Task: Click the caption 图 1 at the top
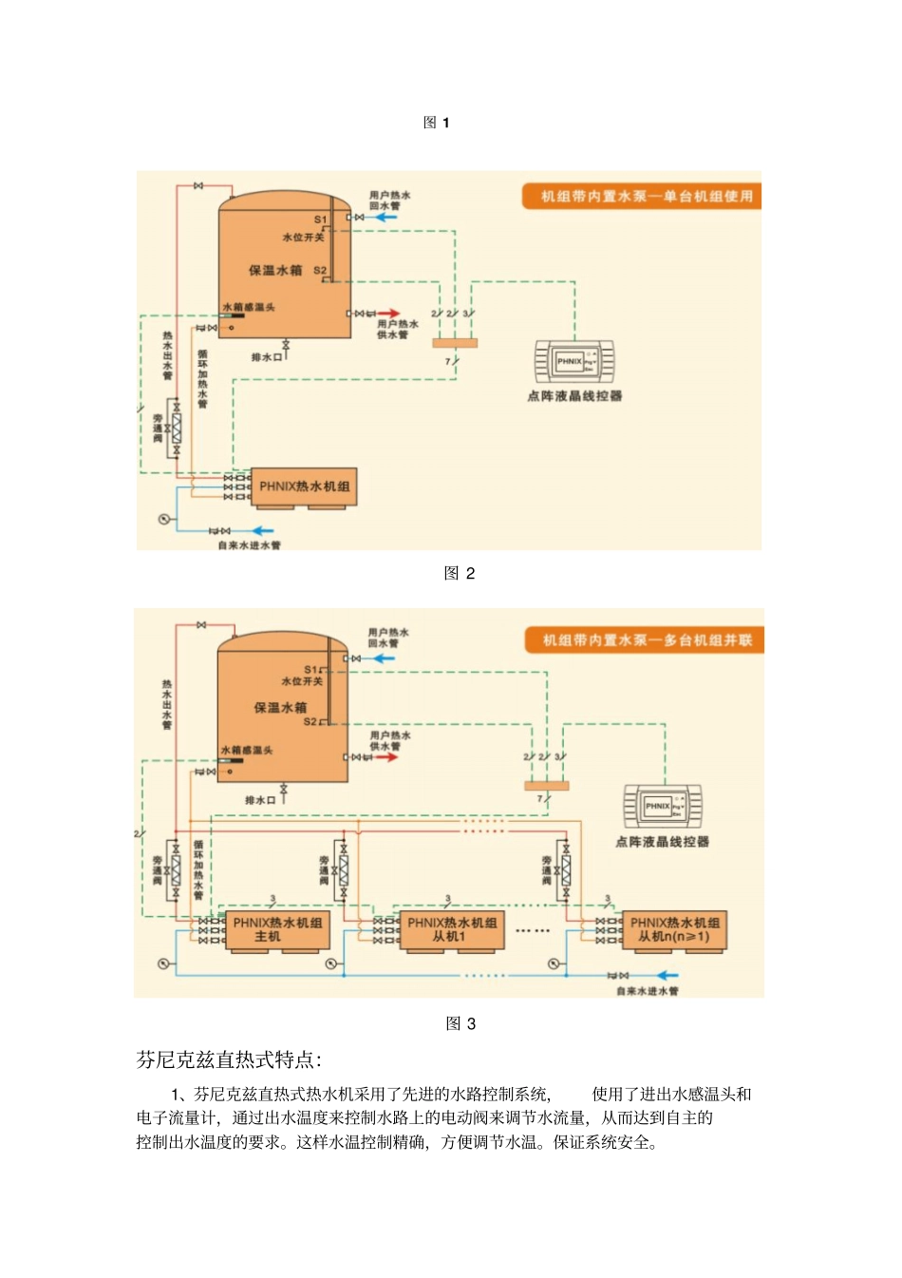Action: pyautogui.click(x=436, y=123)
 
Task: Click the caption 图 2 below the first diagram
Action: pyautogui.click(x=460, y=573)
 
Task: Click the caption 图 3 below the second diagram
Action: pyautogui.click(x=460, y=1023)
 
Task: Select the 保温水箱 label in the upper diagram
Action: pyautogui.click(x=275, y=270)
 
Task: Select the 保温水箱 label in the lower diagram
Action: pyautogui.click(x=280, y=708)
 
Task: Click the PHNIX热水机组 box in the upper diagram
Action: pyautogui.click(x=304, y=486)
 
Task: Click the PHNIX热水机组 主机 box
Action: pyautogui.click(x=277, y=929)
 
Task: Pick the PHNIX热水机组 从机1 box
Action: pyautogui.click(x=451, y=929)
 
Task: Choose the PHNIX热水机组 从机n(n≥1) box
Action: pyautogui.click(x=674, y=929)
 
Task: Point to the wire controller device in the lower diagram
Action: pyautogui.click(x=663, y=807)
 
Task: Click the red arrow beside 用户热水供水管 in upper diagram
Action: pyautogui.click(x=390, y=313)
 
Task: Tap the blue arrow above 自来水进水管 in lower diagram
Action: pyautogui.click(x=667, y=975)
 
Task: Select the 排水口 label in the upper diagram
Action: pyautogui.click(x=266, y=357)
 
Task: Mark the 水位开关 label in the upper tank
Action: pyautogui.click(x=303, y=237)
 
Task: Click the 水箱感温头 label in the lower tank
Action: pyautogui.click(x=247, y=751)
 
